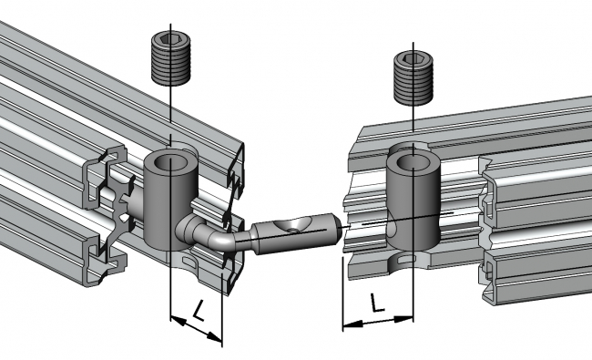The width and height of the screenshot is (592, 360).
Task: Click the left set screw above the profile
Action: [171, 58]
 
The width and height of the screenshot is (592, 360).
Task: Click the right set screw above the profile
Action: [413, 77]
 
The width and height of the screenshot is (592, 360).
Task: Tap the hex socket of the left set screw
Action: [170, 38]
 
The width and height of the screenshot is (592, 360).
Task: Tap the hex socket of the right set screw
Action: [413, 58]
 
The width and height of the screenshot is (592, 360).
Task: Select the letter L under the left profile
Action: [199, 310]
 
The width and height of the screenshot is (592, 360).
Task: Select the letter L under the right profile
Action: [376, 303]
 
